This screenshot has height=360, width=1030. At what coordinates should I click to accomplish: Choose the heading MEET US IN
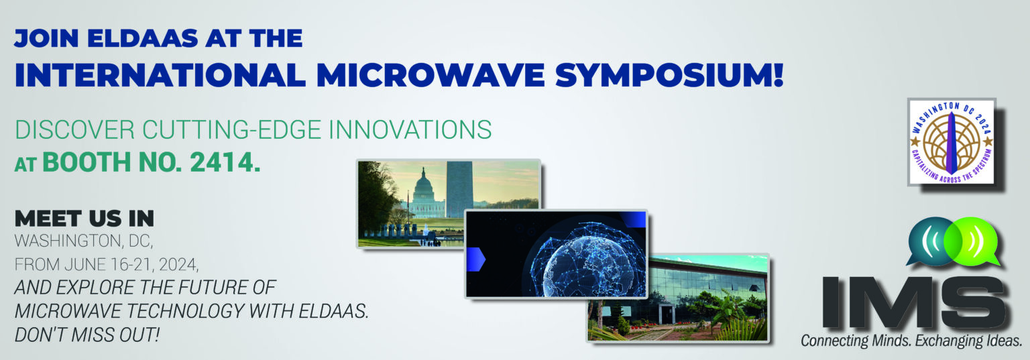pos(84,219)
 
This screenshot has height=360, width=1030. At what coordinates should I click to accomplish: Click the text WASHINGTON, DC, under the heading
pos(84,241)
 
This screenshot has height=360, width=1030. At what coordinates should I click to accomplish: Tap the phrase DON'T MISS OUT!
pos(87,335)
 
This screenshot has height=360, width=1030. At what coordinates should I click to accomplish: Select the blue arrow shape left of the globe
pos(476,259)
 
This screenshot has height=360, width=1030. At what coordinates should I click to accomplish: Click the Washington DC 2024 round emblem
pos(952,142)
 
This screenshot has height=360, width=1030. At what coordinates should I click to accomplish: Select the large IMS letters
pos(915,302)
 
